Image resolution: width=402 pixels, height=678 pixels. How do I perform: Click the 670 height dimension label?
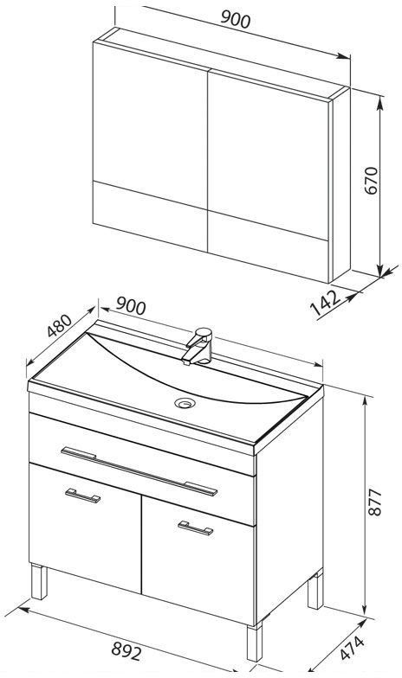pyautogui.click(x=372, y=180)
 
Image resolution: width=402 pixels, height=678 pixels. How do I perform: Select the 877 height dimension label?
pyautogui.click(x=374, y=502)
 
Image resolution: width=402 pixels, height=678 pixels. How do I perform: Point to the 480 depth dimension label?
pyautogui.click(x=59, y=325)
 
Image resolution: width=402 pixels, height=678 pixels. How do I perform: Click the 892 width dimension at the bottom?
pyautogui.click(x=126, y=650)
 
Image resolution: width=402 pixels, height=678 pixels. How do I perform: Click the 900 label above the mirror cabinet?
pyautogui.click(x=236, y=19)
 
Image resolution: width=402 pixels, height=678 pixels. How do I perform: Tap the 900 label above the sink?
pyautogui.click(x=131, y=306)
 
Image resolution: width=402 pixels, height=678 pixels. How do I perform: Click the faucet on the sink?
pyautogui.click(x=198, y=346)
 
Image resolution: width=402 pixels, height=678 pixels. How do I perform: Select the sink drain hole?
pyautogui.click(x=185, y=403)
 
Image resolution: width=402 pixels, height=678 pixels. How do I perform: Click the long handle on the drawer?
pyautogui.click(x=139, y=470)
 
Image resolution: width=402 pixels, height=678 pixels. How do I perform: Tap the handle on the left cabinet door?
pyautogui.click(x=83, y=496)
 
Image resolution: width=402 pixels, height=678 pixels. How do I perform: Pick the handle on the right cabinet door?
pyautogui.click(x=196, y=528)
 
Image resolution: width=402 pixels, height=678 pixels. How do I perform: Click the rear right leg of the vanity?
pyautogui.click(x=315, y=590)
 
